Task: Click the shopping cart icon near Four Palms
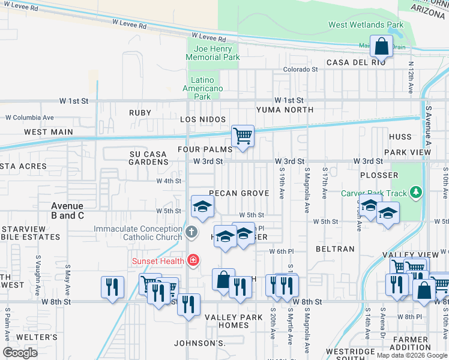click(x=243, y=135)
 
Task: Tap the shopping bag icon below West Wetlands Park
click(x=381, y=45)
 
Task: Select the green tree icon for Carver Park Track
click(x=415, y=193)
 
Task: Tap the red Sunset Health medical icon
click(x=193, y=260)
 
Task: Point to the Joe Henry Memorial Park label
click(x=212, y=53)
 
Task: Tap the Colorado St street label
click(x=300, y=70)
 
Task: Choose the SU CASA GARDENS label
click(x=148, y=158)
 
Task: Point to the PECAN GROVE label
click(x=239, y=193)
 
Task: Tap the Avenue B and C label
click(x=67, y=211)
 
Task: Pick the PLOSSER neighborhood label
click(x=379, y=175)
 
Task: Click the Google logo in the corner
click(x=20, y=353)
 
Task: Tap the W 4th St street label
click(x=169, y=181)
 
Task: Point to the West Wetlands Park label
click(x=366, y=25)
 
